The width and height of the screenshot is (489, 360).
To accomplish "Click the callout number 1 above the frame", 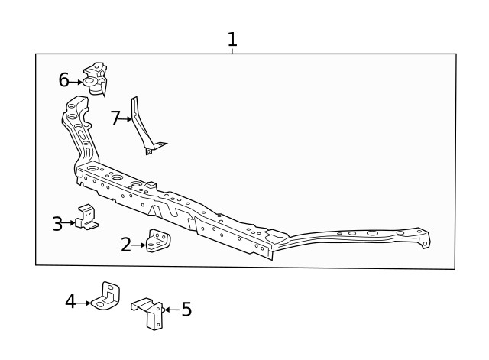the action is click(232, 39).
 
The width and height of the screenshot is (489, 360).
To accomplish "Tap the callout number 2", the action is click(126, 245).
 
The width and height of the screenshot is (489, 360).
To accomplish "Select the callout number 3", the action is click(57, 223).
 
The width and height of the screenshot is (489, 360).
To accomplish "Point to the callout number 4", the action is click(70, 302).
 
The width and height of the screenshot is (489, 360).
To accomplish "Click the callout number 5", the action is click(186, 310).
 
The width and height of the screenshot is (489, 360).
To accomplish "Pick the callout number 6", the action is click(63, 79).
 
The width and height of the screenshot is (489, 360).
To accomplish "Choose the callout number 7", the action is click(115, 118).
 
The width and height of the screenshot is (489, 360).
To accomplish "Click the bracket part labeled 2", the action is click(158, 241).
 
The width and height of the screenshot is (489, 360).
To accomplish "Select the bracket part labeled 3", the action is click(87, 217).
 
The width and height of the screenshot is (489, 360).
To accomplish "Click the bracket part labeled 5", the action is click(147, 313).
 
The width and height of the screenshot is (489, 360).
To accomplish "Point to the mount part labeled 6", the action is click(96, 79).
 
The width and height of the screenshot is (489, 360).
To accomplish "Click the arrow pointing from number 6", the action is click(76, 83).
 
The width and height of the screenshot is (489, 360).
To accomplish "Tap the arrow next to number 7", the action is click(125, 119).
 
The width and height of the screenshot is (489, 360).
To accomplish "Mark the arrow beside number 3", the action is click(68, 223).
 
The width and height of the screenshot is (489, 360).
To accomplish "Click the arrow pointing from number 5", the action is click(171, 310).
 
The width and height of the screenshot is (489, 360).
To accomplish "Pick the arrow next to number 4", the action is click(83, 303).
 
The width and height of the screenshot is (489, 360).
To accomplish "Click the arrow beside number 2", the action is click(138, 245).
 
